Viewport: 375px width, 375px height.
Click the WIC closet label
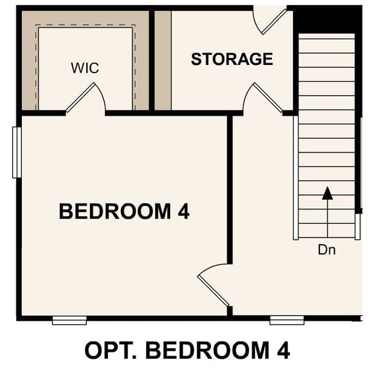pos(85,68)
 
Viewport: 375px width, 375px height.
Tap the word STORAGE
pos(232,59)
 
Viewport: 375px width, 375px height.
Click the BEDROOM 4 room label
pos(124,211)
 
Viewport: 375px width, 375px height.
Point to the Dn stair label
pos(326,250)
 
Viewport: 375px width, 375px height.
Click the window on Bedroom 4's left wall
pos(17,152)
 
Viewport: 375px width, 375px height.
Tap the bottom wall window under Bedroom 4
pos(69,321)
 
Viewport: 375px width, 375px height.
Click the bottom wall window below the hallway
pos(287,321)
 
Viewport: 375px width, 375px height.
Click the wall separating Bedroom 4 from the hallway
pos(230,212)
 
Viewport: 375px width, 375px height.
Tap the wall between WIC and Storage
pos(151,60)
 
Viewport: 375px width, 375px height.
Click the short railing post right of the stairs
pos(357,227)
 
